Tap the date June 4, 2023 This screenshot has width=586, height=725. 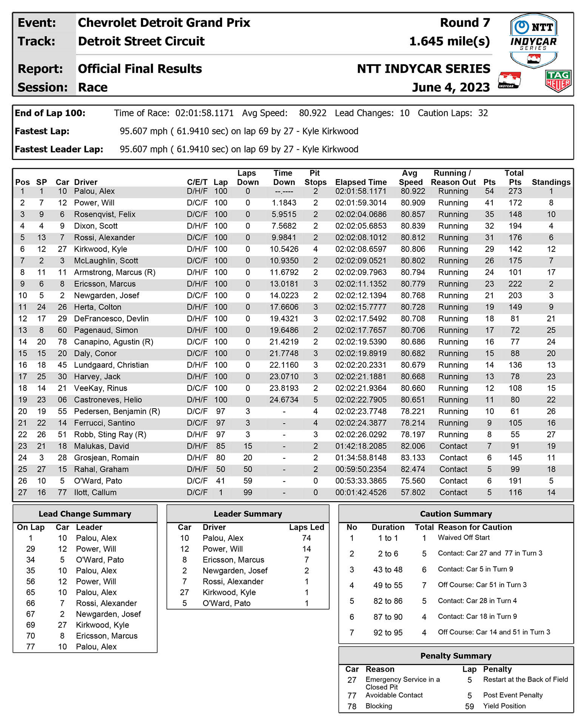451,87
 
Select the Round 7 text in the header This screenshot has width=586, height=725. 465,23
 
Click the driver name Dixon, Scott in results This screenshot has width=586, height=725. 96,226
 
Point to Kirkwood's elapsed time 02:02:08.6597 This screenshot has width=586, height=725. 361,249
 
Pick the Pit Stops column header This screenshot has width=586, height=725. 315,178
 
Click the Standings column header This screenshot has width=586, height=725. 551,182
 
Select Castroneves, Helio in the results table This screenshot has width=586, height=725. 108,400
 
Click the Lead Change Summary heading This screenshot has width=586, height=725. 85,514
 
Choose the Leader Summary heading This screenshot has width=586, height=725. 248,514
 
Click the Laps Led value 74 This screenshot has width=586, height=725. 306,538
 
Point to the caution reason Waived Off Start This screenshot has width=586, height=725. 463,538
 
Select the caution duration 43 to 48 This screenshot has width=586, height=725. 388,569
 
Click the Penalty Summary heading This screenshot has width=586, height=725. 456,656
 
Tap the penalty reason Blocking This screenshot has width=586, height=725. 379,706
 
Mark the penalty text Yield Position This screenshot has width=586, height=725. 504,706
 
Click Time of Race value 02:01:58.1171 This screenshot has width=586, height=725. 204,113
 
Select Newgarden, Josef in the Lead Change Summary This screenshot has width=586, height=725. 108,614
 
